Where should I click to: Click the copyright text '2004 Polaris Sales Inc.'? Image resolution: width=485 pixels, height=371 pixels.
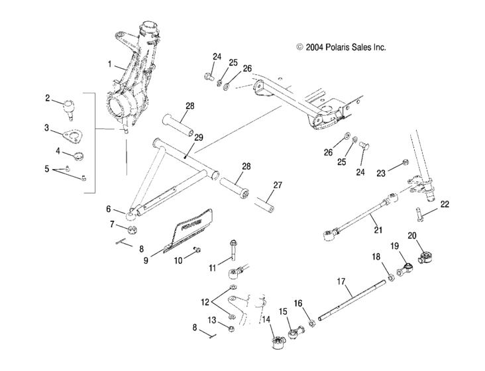tap(342, 48)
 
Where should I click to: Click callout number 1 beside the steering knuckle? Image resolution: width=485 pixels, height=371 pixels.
tap(110, 65)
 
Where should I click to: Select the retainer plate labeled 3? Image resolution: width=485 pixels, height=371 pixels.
tap(78, 133)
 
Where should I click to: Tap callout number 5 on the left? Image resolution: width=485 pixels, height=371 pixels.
tap(46, 169)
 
